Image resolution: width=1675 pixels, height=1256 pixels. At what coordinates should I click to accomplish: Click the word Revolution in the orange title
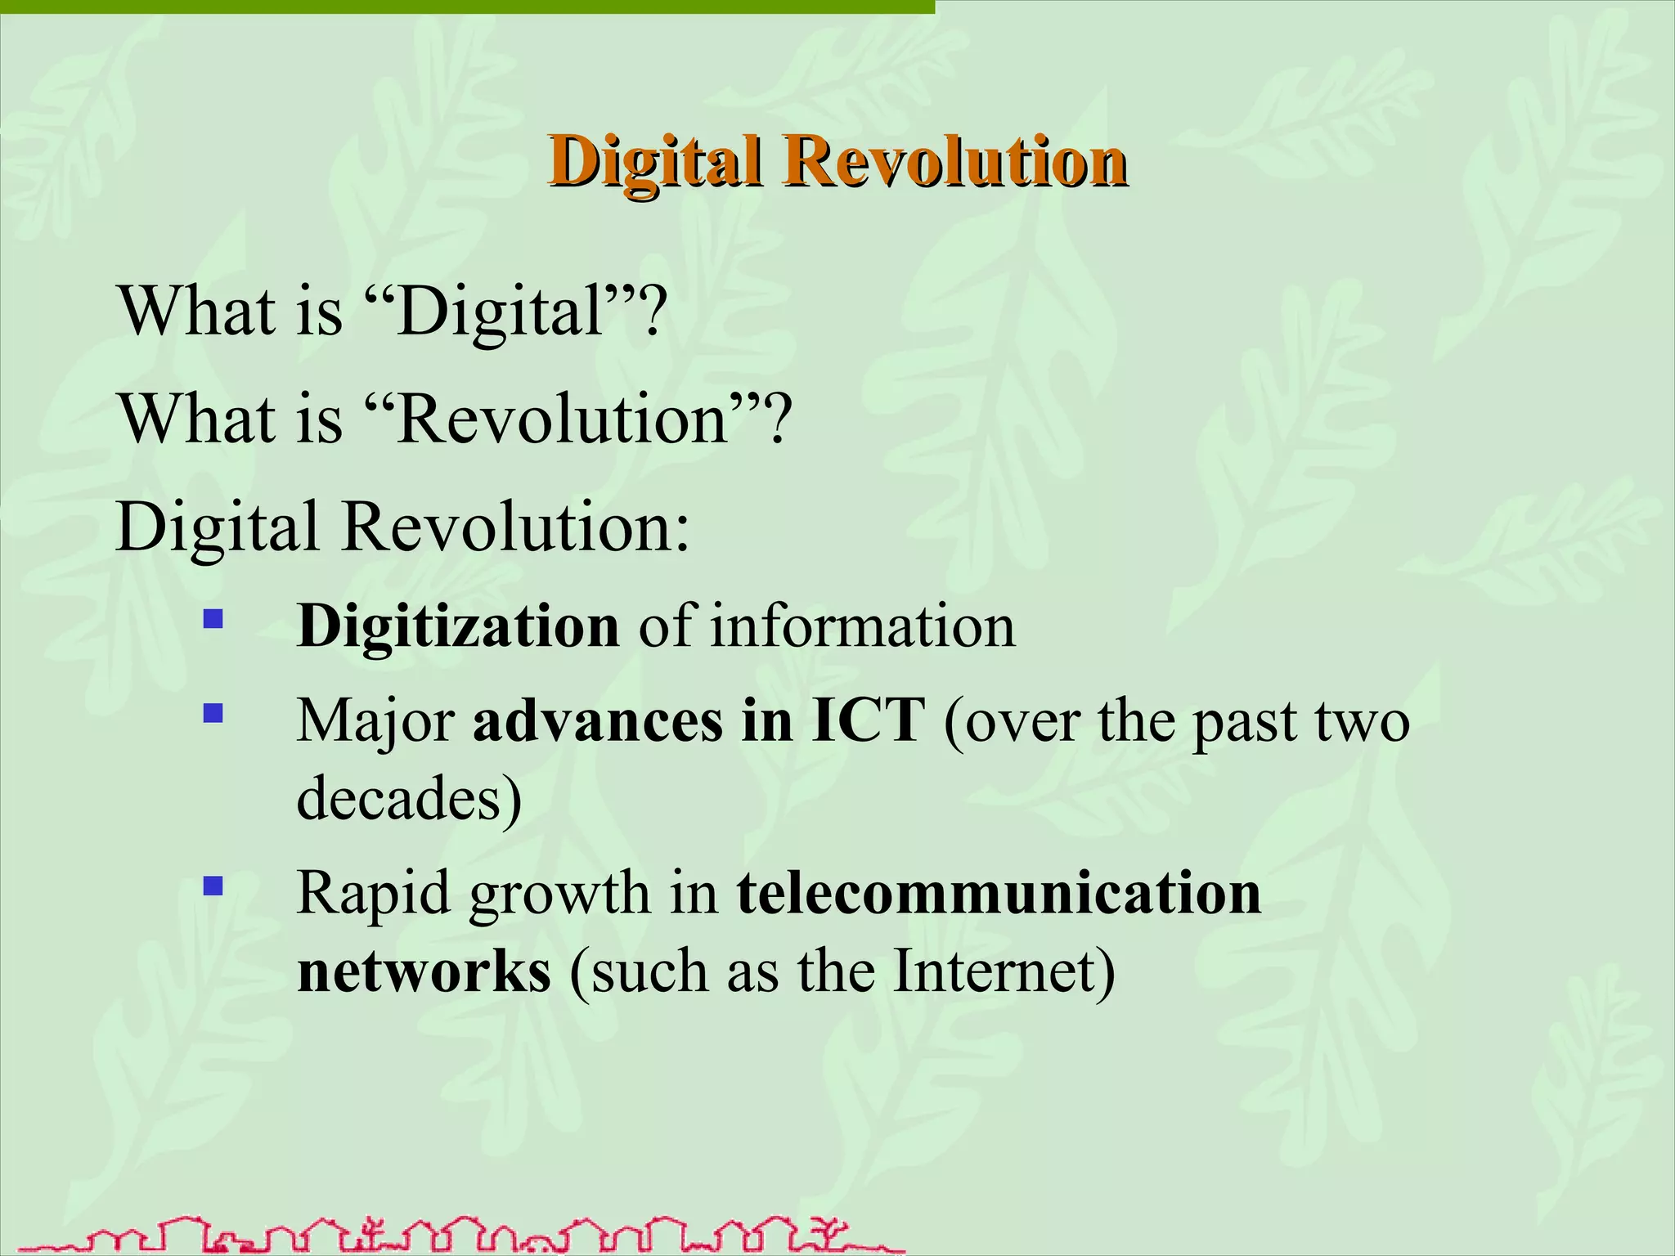point(954,161)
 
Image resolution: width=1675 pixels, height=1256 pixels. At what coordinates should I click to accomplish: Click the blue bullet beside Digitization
point(213,619)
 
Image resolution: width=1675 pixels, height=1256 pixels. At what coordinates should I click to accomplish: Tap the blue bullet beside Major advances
point(213,714)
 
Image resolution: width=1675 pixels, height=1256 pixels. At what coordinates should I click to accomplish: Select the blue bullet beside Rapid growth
point(213,886)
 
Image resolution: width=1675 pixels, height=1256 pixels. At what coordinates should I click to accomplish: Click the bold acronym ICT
point(868,722)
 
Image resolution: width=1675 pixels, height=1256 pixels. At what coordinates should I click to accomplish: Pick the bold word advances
point(598,722)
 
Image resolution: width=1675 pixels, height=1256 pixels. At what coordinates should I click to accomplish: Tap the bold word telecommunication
point(999,894)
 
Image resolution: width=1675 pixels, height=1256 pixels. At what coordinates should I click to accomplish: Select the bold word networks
point(424,972)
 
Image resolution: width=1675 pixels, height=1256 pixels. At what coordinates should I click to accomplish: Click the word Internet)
point(1004,972)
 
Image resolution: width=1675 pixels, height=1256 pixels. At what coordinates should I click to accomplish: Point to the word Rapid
point(374,894)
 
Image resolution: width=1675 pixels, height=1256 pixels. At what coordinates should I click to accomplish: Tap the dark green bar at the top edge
point(466,7)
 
